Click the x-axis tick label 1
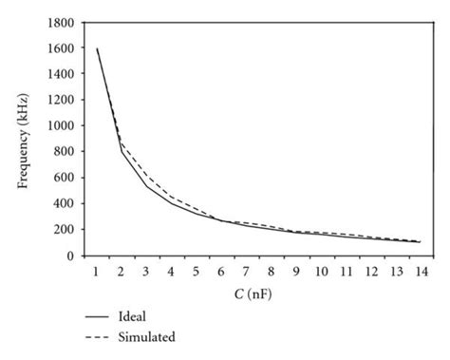coord(97,273)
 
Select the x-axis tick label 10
coord(321,273)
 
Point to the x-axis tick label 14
coord(421,273)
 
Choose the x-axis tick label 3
coord(146,273)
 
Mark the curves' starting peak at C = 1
coord(97,48)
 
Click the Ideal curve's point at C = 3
coord(146,185)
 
